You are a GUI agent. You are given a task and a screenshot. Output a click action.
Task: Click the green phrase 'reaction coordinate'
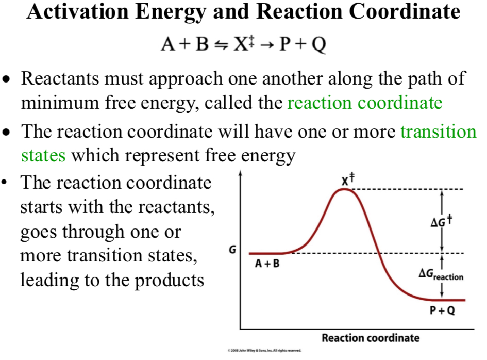pos(364,103)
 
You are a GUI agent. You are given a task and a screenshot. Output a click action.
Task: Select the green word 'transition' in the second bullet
pos(439,132)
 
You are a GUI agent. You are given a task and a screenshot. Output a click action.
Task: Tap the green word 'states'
pos(43,155)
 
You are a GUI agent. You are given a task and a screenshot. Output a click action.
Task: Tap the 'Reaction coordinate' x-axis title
pos(371,338)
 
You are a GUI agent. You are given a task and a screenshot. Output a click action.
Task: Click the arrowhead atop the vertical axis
pos(240,173)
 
